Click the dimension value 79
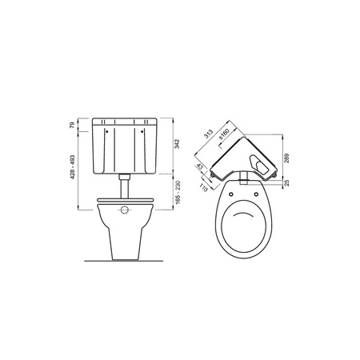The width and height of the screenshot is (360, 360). (x=72, y=125)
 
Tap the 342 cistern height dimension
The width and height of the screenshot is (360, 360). (x=178, y=144)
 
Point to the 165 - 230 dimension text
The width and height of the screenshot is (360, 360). (x=178, y=193)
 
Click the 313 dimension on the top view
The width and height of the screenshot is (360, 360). (x=209, y=134)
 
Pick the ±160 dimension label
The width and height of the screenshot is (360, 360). (x=224, y=134)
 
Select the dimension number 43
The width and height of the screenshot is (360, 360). (x=200, y=167)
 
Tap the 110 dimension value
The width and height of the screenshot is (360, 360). (x=203, y=188)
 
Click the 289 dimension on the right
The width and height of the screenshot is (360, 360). (x=286, y=158)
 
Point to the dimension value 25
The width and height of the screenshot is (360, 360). (x=286, y=183)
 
